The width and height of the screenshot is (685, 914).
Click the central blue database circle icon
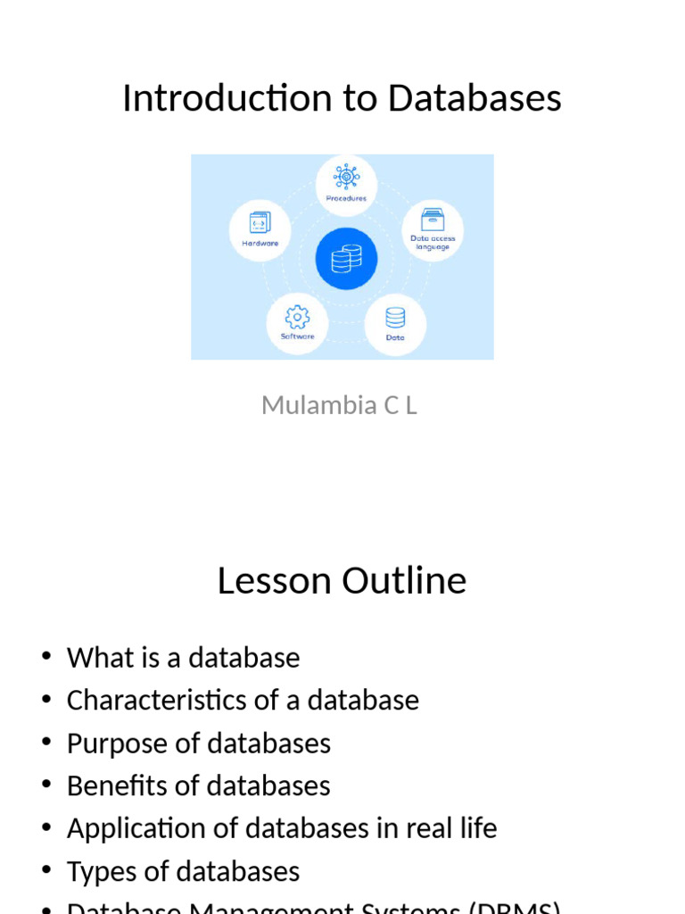tap(346, 259)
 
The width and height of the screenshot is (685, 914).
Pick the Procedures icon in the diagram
tap(346, 176)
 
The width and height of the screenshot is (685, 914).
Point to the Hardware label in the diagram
tap(260, 243)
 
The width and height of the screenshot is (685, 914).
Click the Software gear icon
tap(297, 317)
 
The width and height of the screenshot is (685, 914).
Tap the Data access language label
tap(433, 243)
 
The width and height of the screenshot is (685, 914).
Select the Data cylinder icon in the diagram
tap(395, 318)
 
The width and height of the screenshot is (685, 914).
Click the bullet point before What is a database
tap(46, 657)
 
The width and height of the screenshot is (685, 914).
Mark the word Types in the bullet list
tap(99, 871)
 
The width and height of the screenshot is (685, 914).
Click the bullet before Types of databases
tap(46, 871)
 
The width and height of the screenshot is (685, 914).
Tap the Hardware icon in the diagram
tap(260, 221)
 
